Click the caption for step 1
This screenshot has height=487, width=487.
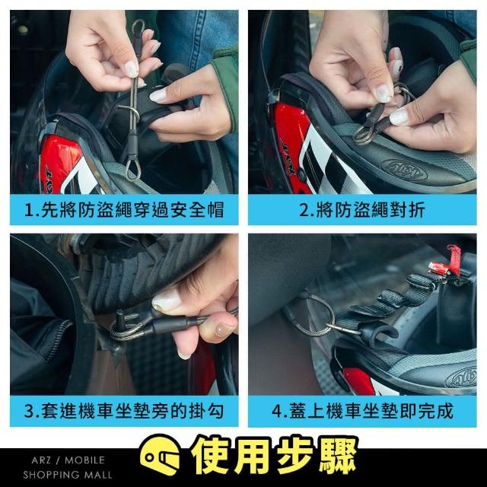click(x=124, y=210)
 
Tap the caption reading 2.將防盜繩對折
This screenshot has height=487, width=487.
click(x=362, y=210)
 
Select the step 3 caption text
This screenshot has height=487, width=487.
click(x=124, y=411)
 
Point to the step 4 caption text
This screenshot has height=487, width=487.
click(x=362, y=411)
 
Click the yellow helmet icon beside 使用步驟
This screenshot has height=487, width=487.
click(x=160, y=456)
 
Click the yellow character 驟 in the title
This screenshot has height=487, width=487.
click(x=337, y=456)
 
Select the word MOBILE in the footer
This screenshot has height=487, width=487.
click(x=84, y=460)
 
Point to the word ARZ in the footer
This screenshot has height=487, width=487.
click(x=40, y=460)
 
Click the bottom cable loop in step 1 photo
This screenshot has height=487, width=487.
click(x=133, y=169)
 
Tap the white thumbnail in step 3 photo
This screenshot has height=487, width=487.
click(x=166, y=301)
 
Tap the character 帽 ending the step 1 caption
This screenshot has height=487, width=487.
click(x=215, y=210)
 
